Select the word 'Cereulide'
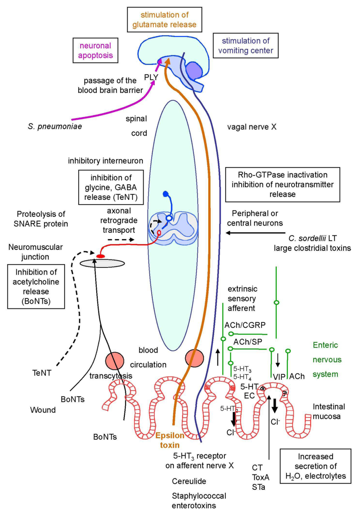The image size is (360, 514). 190,480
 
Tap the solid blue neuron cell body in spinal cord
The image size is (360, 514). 166,194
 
